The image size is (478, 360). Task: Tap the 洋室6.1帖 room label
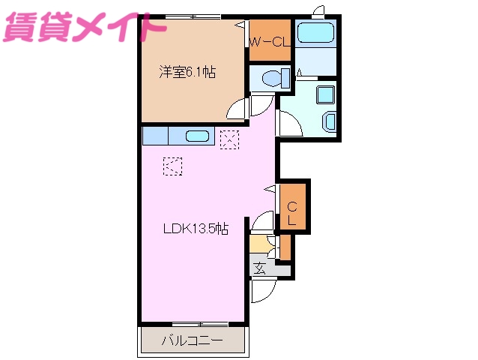[x=187, y=73]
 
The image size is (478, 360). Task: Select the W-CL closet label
[x=270, y=42]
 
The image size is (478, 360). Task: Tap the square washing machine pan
[x=327, y=94]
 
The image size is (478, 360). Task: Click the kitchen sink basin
[x=197, y=136]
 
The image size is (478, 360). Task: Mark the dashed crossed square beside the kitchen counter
[x=229, y=139]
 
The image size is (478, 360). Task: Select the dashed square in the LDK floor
[x=172, y=165]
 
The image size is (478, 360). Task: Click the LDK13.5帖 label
[x=196, y=230]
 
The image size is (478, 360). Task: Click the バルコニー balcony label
[x=193, y=340]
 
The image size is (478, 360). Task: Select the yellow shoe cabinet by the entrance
[x=259, y=244]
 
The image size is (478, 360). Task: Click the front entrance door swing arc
[x=264, y=289]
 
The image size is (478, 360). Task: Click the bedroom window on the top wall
[x=193, y=17]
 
